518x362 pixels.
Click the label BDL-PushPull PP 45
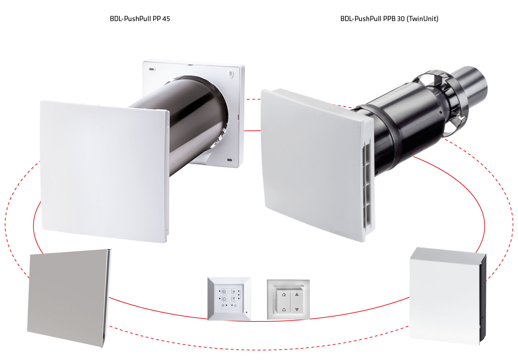click(140, 18)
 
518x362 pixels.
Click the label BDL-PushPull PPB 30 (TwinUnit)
click(389, 18)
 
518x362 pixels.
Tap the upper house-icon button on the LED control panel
click(224, 291)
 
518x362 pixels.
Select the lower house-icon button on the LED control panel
click(224, 298)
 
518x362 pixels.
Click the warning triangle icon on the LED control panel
click(235, 305)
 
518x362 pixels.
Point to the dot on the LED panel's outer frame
click(246, 312)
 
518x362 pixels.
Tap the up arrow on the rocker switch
click(297, 294)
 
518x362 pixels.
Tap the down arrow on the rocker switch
click(297, 310)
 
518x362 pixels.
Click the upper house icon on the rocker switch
click(284, 295)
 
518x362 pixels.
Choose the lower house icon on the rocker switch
click(284, 310)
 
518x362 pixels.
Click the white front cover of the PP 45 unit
click(104, 172)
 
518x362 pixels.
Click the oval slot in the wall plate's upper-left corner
click(152, 69)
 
